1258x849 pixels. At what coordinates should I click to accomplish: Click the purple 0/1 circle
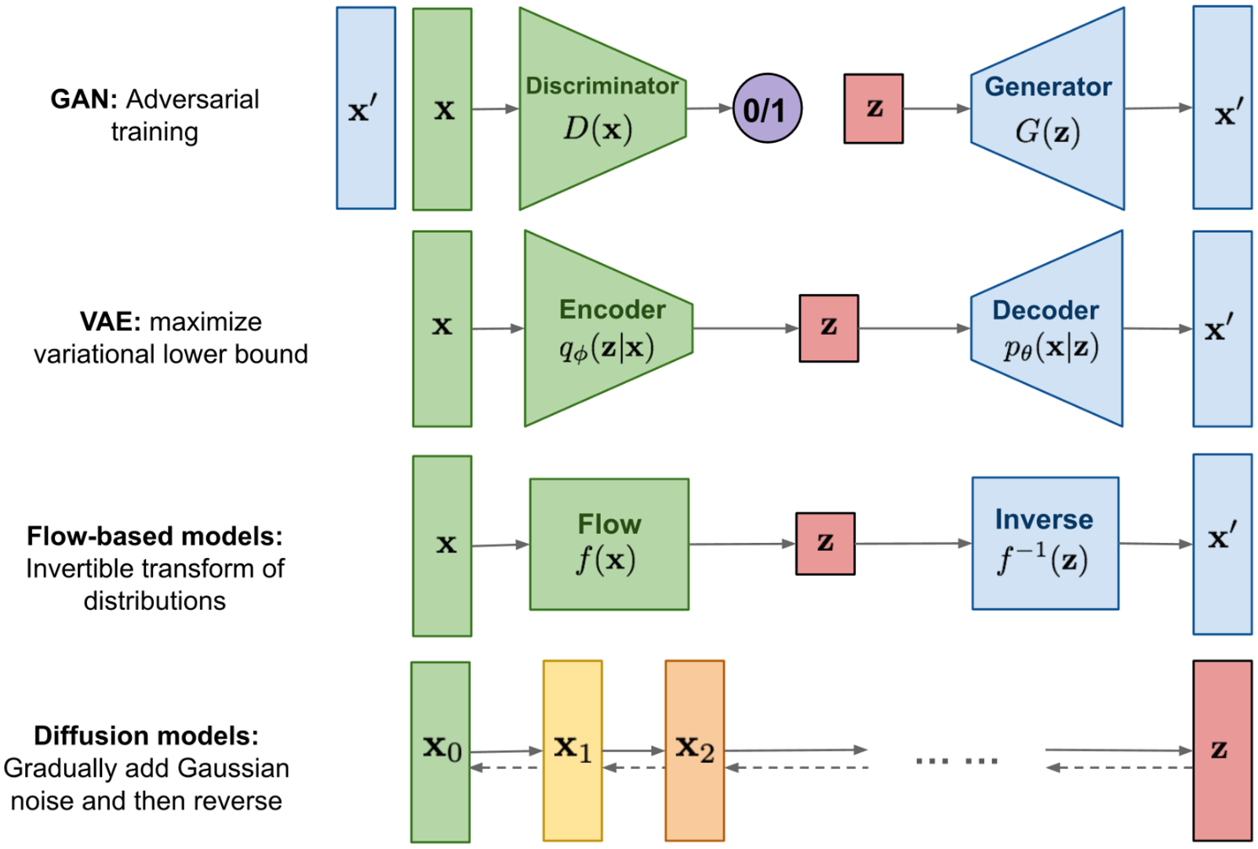767,108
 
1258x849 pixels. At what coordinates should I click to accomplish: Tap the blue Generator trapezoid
1048,108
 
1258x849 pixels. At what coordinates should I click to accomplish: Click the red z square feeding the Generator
873,108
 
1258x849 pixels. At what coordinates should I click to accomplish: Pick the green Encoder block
609,329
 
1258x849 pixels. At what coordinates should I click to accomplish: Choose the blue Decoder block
1047,329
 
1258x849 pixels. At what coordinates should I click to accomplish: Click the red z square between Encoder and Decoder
829,329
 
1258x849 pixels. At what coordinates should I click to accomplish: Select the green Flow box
609,545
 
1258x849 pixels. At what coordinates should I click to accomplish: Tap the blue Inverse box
1045,543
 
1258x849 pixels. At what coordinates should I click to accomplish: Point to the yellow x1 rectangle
573,751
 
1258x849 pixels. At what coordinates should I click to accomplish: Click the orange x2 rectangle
695,751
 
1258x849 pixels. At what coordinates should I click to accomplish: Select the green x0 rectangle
440,752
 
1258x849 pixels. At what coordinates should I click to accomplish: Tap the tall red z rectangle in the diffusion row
1223,751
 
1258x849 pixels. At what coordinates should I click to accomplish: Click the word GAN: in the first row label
84,100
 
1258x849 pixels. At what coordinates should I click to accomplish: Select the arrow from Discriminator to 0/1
710,107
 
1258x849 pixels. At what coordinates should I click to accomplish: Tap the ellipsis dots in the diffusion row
957,761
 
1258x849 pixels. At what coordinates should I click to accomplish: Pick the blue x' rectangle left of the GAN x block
366,107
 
